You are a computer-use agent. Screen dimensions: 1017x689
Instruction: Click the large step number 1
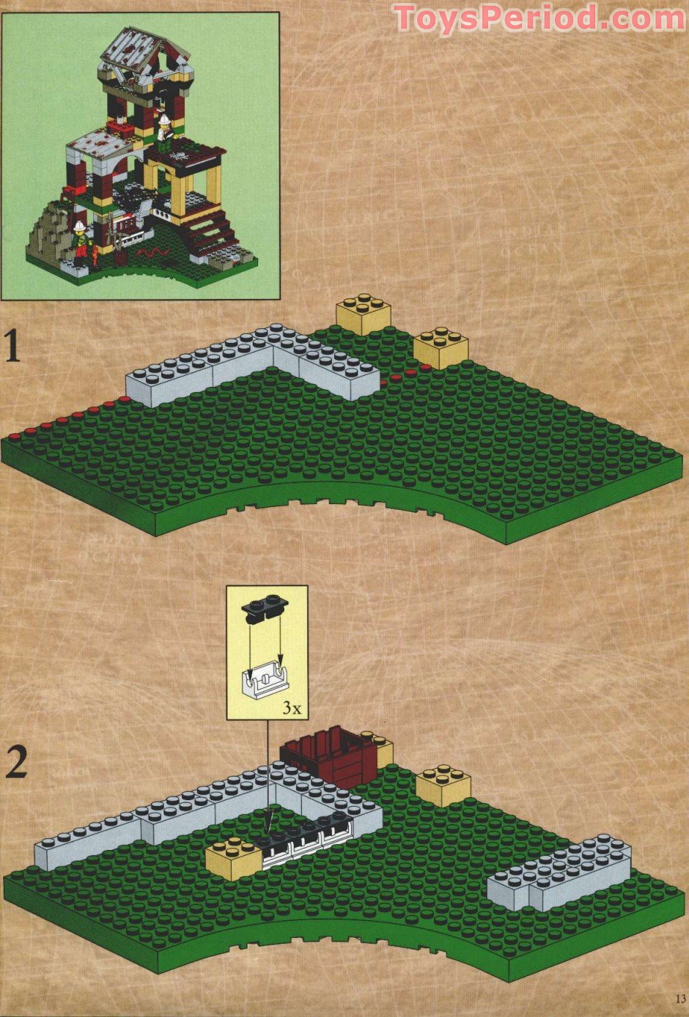[x=12, y=347]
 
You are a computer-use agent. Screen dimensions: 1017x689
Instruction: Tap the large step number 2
[x=16, y=763]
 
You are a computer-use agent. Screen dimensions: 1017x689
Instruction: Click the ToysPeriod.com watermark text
[x=539, y=18]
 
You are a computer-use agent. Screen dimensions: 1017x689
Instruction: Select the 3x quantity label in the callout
[x=291, y=708]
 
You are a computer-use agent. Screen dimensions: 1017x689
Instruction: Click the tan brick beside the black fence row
[x=234, y=857]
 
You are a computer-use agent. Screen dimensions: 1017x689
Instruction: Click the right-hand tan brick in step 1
[x=441, y=348]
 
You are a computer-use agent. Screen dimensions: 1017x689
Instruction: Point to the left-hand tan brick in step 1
[x=363, y=314]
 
